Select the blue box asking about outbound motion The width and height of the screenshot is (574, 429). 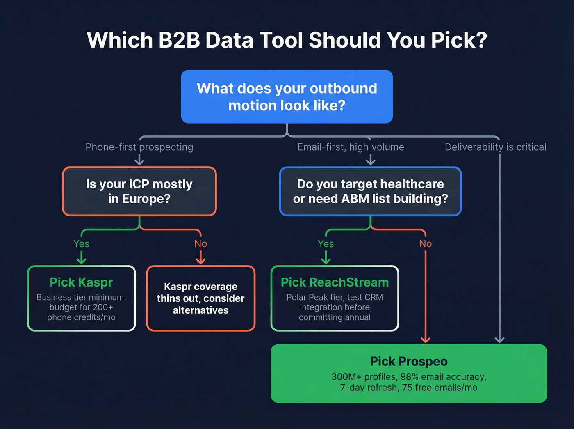point(287,96)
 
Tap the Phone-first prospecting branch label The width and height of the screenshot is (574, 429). point(139,147)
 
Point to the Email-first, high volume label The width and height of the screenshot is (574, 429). point(351,147)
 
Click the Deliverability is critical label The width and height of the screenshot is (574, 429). point(495,147)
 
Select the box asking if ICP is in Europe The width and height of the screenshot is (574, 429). point(139,191)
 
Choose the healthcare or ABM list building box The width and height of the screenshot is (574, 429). point(370,191)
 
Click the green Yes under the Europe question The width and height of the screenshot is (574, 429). point(81,243)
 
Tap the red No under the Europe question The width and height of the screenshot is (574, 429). point(200,243)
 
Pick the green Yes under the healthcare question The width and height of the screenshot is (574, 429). point(326,243)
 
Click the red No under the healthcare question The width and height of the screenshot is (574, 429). point(425,243)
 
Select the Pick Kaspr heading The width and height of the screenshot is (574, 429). point(81,282)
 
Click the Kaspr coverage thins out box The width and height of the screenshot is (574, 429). point(200,298)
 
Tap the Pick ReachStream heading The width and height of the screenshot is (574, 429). point(335,282)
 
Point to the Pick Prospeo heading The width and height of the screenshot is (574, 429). point(408,361)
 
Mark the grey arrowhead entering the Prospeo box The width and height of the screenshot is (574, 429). point(499,340)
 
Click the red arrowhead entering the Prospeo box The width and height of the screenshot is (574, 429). point(426,340)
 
